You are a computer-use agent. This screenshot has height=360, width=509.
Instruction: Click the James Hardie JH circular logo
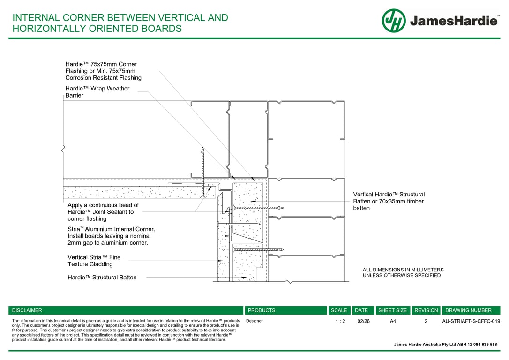[x=394, y=21]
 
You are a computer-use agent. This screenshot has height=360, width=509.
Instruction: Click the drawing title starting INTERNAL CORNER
[x=120, y=23]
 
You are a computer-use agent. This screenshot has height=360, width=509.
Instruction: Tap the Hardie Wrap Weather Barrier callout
[x=97, y=92]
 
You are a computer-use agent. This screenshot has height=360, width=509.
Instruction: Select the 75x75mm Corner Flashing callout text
[x=103, y=71]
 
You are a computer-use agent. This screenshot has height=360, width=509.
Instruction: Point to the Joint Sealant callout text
[x=103, y=212]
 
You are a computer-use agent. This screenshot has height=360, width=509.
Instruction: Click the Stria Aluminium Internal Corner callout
[x=111, y=236]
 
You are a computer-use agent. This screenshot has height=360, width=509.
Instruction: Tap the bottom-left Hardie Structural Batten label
[x=102, y=277]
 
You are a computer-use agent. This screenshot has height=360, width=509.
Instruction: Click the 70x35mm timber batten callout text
[x=389, y=201]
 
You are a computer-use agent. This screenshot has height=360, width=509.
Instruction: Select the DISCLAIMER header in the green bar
[x=27, y=310]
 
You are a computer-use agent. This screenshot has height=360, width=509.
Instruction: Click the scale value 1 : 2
[x=340, y=322]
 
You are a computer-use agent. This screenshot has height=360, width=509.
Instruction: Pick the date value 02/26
[x=363, y=322]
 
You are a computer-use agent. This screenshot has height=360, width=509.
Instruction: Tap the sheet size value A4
[x=393, y=322]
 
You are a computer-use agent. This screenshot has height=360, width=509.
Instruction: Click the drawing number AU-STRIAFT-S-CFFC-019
[x=471, y=322]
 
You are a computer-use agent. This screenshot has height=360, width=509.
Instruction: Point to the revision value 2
[x=426, y=322]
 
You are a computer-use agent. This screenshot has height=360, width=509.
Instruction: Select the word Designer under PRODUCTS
[x=254, y=322]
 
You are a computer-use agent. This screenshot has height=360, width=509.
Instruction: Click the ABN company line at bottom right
[x=445, y=345]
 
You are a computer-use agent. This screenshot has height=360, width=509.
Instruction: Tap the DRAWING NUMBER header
[x=468, y=310]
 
